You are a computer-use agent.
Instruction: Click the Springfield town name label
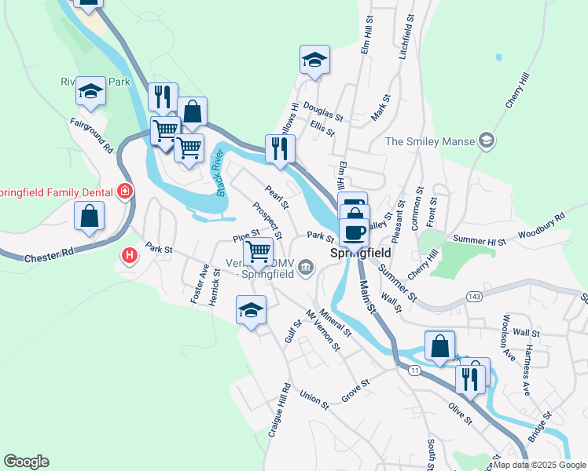(353, 254)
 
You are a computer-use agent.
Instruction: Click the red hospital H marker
(129, 255)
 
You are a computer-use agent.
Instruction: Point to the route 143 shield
(473, 296)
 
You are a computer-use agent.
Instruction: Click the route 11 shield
(414, 370)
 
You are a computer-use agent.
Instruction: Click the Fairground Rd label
(93, 136)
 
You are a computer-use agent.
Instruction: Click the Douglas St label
(323, 115)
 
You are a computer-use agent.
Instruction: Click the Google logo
(26, 462)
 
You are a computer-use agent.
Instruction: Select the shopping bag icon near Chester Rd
(89, 216)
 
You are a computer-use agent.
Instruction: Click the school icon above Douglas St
(314, 60)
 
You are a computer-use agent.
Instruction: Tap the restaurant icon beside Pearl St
(280, 148)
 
